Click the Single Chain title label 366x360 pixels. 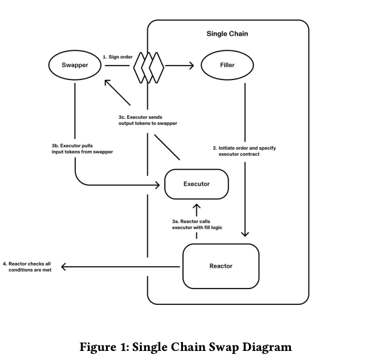[227, 33]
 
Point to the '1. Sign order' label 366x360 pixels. [118, 57]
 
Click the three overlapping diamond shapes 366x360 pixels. [148, 68]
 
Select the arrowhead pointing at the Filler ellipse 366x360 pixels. [191, 65]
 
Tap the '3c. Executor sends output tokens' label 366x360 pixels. [148, 120]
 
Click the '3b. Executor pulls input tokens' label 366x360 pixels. [82, 148]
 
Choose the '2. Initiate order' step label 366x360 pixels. [244, 151]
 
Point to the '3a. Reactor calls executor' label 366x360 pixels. [197, 224]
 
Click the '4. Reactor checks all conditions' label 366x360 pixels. [27, 267]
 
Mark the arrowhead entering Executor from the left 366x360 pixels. [158, 185]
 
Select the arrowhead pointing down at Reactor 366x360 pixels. [245, 234]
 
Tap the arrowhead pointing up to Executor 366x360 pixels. [196, 207]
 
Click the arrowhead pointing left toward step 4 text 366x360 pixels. [64, 267]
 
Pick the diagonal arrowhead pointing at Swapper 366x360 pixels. [107, 82]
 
